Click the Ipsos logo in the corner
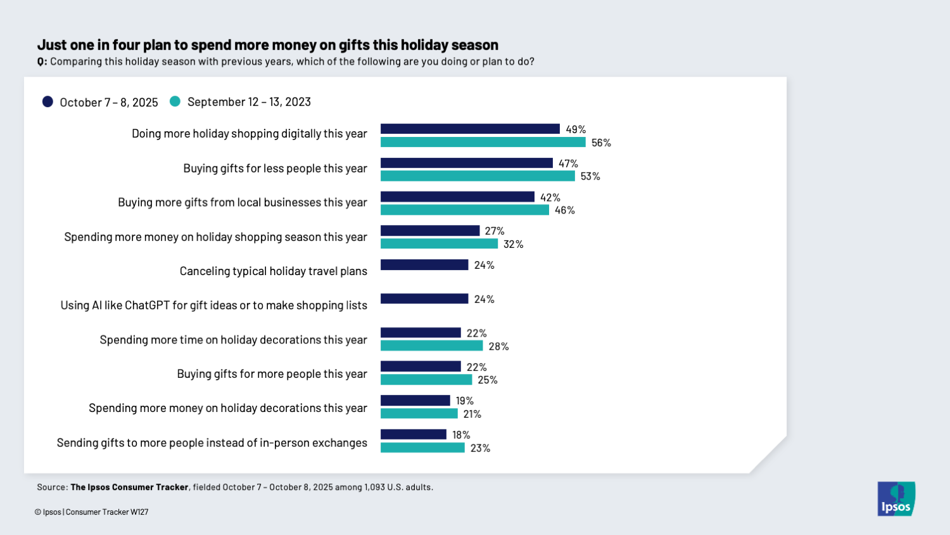coord(896,499)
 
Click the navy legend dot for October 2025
coord(47,102)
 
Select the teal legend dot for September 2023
coord(175,101)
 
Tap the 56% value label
coord(601,143)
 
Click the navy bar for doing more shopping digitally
coord(470,129)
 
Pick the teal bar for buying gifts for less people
coord(478,176)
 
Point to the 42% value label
coord(550,197)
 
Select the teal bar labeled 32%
coord(439,244)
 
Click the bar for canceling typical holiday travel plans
coord(424,265)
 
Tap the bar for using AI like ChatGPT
coord(424,299)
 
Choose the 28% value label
coord(498,346)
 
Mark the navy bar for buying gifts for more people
coord(421,366)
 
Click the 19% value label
coord(464,401)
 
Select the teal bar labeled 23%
coord(422,448)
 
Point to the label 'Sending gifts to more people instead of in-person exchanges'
coord(212,442)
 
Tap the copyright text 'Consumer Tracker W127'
coord(107,512)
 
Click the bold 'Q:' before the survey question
coord(42,61)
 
